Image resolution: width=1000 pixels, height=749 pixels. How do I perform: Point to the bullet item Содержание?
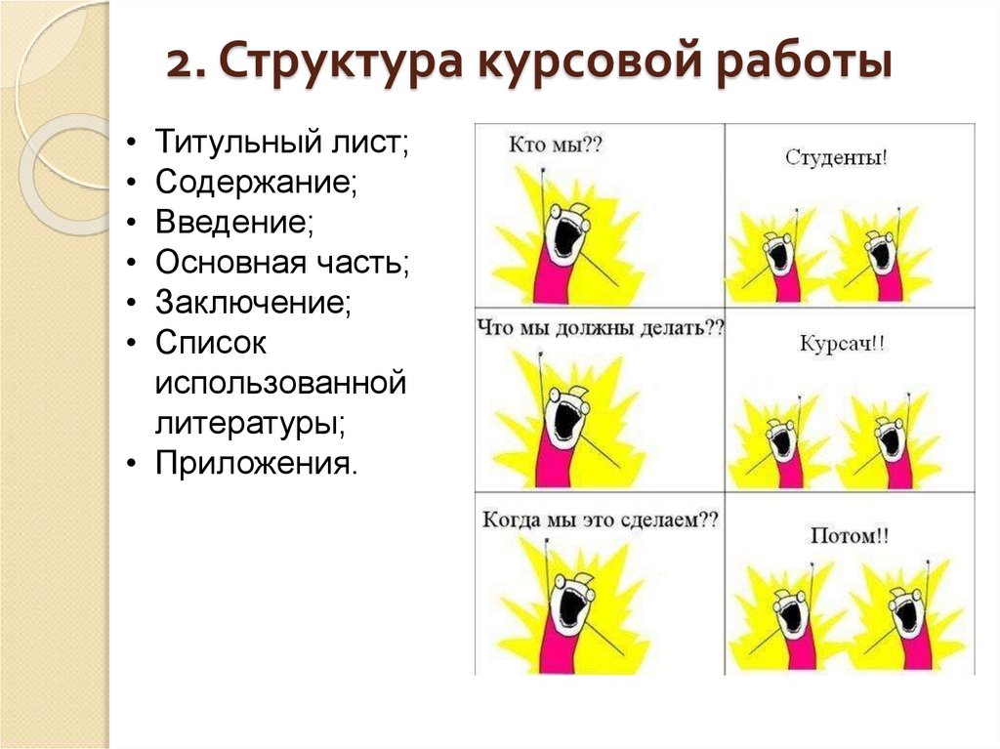coord(255,183)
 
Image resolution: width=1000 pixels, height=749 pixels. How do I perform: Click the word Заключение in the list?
coord(252,302)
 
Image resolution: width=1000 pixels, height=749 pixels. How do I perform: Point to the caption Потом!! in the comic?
coord(850,535)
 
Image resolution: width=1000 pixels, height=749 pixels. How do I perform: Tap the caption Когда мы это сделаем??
coord(600,520)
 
